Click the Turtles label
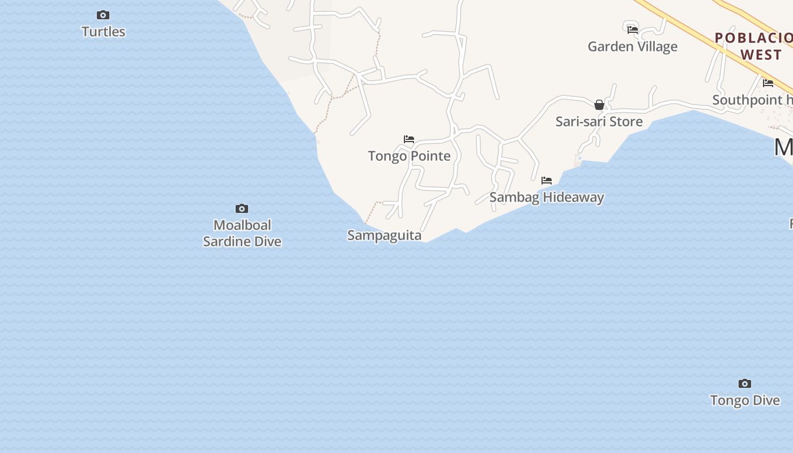tap(103, 32)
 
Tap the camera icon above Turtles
tap(103, 15)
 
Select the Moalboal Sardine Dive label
tap(242, 233)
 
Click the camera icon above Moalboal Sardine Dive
tap(242, 209)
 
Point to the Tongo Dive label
tap(745, 400)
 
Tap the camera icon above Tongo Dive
tap(745, 384)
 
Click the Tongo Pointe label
tap(409, 156)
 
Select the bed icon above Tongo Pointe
tap(409, 139)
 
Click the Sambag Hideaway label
tap(547, 197)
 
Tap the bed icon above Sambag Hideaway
tap(547, 181)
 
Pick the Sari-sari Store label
tap(599, 121)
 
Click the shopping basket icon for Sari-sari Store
tap(599, 105)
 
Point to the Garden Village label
tap(632, 46)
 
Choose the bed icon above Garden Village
tap(633, 29)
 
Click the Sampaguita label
tap(384, 235)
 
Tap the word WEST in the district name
tap(761, 55)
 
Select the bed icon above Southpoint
tap(768, 83)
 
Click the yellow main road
tap(680, 23)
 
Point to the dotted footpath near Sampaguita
tap(371, 212)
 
